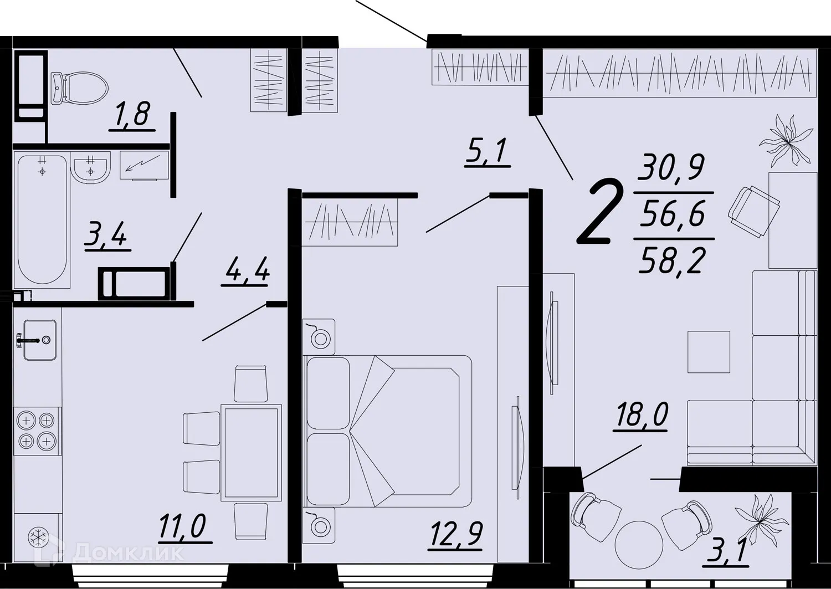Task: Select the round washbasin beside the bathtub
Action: pos(90,167)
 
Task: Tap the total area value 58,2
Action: pos(673,260)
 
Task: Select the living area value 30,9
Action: pos(671,167)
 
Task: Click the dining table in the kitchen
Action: pos(250,452)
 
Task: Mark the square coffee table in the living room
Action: pos(709,352)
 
